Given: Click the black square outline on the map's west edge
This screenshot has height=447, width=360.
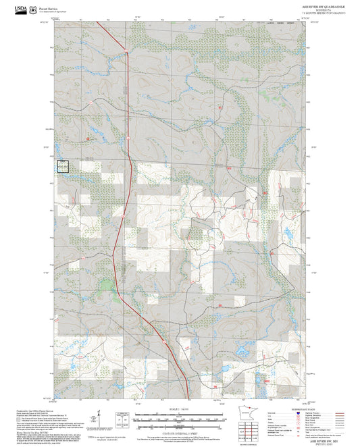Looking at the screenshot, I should pyautogui.click(x=62, y=165).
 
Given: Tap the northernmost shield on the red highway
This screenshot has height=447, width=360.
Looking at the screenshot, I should pyautogui.click(x=126, y=51).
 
